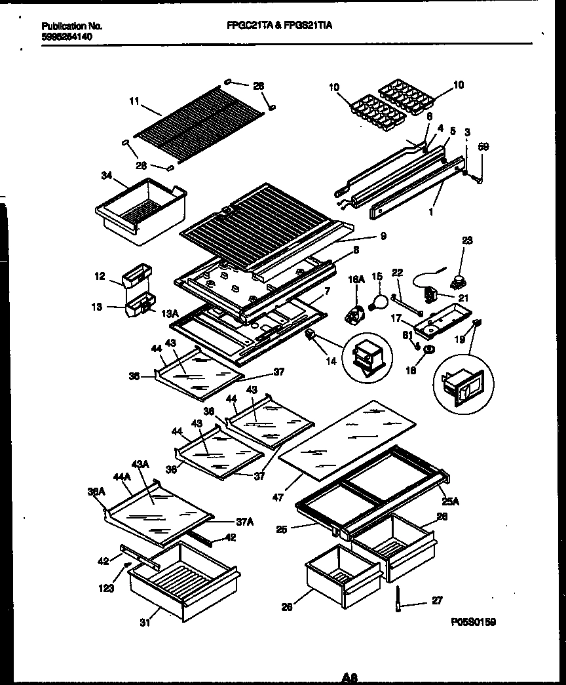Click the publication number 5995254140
click(x=66, y=37)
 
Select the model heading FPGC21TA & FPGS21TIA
click(x=279, y=26)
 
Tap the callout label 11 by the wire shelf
click(x=134, y=102)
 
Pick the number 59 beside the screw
click(x=483, y=147)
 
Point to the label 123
click(x=107, y=588)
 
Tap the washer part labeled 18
click(x=428, y=349)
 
